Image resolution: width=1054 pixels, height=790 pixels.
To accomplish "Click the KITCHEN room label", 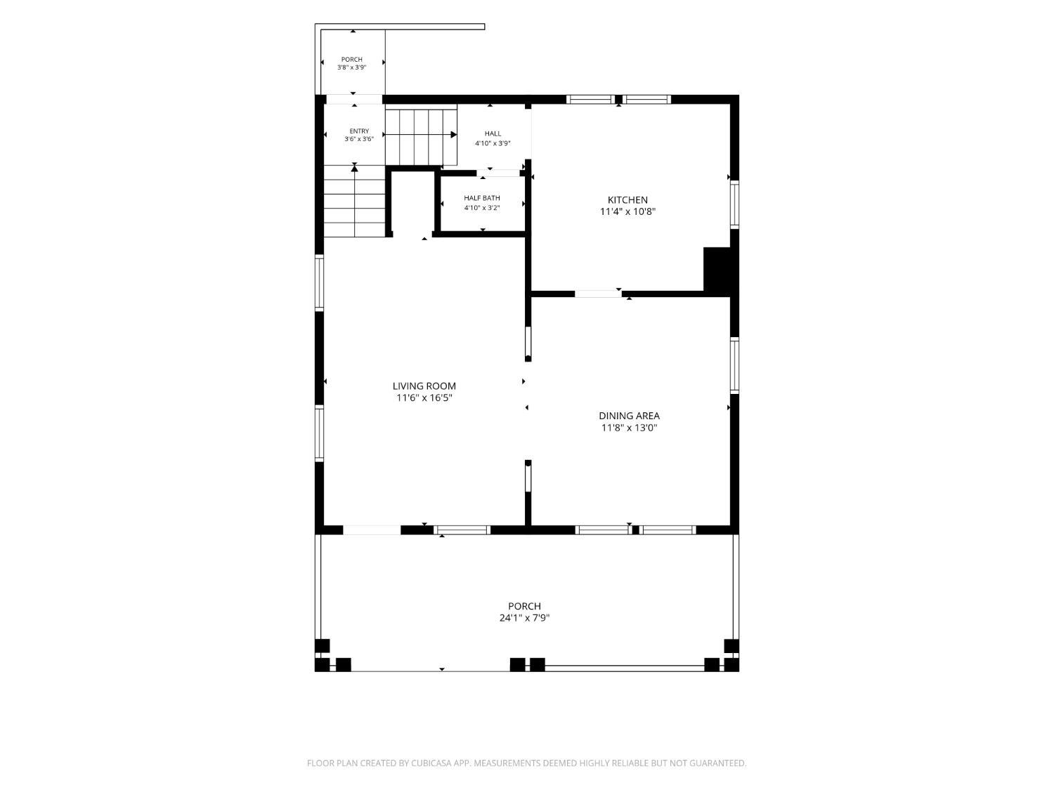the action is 627,200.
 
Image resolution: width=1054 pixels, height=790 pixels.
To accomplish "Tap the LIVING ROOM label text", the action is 424,386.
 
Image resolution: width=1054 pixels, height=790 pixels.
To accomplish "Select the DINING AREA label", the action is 629,416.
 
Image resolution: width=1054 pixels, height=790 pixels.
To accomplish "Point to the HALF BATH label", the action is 481,198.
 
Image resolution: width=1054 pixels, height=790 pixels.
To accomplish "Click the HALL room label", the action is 493,134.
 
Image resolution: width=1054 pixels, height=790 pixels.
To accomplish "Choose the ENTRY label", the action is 359,131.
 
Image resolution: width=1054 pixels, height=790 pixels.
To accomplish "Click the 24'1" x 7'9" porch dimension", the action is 524,618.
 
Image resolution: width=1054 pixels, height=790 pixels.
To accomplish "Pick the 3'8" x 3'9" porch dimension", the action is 351,67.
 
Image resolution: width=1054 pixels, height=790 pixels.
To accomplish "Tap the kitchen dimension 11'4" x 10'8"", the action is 627,211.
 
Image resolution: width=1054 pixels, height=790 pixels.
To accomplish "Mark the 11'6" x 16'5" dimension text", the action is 424,397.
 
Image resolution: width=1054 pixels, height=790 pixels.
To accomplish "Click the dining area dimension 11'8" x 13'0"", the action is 629,428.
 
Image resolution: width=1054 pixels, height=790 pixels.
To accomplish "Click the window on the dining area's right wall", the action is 734,365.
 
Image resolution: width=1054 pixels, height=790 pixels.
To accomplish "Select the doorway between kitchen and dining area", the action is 598,294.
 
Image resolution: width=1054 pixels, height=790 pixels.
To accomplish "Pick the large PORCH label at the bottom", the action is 524,606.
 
